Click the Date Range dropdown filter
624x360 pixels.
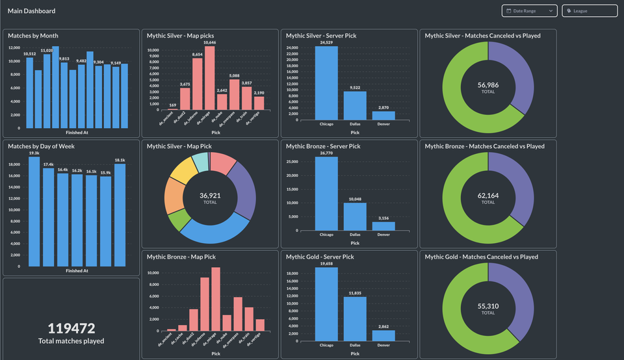(x=529, y=11)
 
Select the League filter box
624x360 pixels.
(x=590, y=11)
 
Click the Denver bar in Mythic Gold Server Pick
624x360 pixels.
(x=383, y=335)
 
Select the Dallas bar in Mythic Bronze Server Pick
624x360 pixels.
(x=355, y=217)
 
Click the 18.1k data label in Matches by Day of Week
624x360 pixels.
(x=120, y=160)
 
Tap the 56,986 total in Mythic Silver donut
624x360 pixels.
(x=487, y=85)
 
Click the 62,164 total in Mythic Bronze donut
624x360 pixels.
(x=487, y=195)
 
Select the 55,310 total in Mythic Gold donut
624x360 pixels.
(x=487, y=305)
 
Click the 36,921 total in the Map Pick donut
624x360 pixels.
(x=210, y=195)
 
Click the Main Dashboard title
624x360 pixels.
(x=31, y=11)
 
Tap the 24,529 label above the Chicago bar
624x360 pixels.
(x=326, y=42)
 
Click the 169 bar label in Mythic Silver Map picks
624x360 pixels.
(x=172, y=105)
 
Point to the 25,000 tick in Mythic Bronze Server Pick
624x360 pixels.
(x=298, y=161)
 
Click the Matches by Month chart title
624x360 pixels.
(x=32, y=36)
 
